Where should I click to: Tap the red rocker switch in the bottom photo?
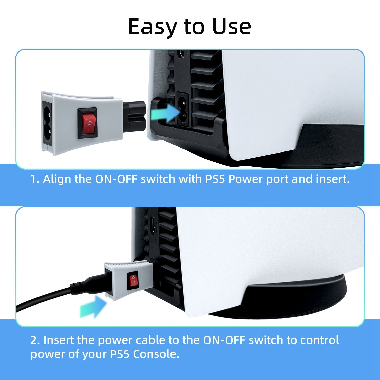pos(133,281)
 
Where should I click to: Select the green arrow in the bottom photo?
pos(93,307)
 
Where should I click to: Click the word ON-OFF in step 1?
pos(116,179)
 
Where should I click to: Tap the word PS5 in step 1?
pos(215,179)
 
